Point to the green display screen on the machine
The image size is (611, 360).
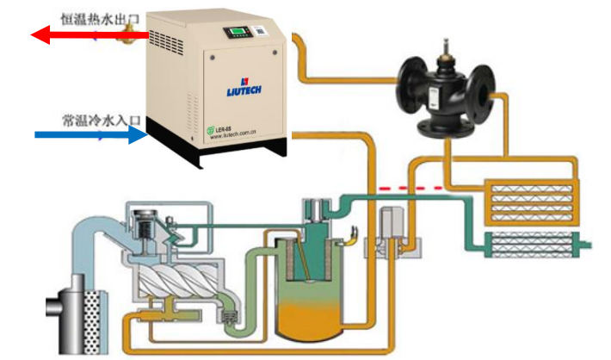point(237,34)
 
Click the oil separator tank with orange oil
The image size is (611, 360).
point(307,293)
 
